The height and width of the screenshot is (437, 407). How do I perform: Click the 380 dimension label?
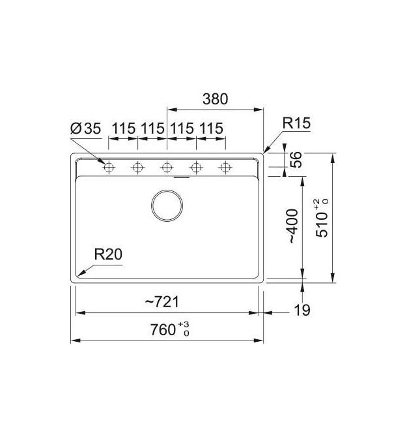[x=215, y=99]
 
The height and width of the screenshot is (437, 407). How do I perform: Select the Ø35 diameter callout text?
[x=86, y=128]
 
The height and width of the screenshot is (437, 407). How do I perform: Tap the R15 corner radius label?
[x=296, y=123]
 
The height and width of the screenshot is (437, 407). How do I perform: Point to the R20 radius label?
[x=108, y=254]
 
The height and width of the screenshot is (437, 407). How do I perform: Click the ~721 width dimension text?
[x=162, y=302]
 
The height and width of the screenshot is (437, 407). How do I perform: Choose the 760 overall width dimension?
[x=163, y=329]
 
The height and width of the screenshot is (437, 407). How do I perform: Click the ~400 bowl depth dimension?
[x=293, y=226]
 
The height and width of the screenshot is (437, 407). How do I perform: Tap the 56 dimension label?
[x=296, y=159]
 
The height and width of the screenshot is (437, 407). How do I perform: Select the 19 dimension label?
[x=302, y=310]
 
